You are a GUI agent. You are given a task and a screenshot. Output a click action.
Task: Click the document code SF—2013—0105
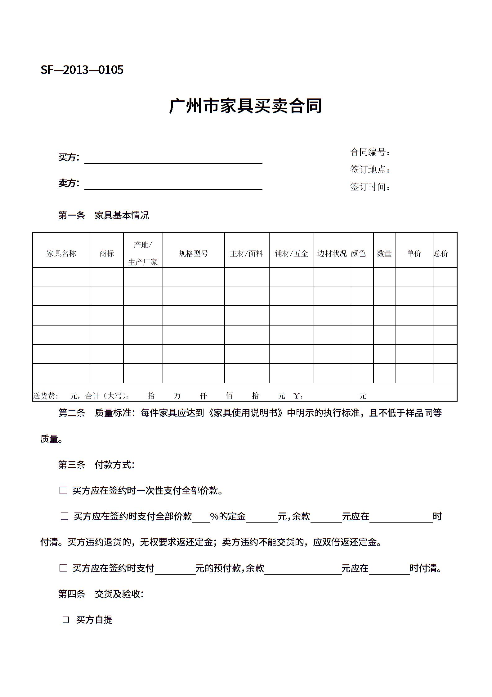[x=82, y=70]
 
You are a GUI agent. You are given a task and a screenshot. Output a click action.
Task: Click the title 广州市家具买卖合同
[x=245, y=106]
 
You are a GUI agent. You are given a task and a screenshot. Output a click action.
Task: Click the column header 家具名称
[x=61, y=253]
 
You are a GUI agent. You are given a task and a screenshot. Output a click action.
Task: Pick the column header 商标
[x=107, y=253]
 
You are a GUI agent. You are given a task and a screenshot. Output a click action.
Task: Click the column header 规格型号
[x=193, y=253]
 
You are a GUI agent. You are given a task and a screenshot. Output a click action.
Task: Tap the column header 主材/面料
[x=247, y=253]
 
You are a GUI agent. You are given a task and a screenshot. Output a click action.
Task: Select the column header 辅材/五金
[x=291, y=253]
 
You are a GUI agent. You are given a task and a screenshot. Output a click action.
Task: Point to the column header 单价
[x=414, y=253]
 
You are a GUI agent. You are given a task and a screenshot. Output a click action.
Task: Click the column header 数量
[x=384, y=253]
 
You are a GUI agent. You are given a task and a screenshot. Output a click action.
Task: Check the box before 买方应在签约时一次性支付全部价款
[x=63, y=490]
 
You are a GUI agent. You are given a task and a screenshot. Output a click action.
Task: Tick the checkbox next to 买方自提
[x=66, y=619]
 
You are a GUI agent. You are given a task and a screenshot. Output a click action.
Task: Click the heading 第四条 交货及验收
[x=101, y=594]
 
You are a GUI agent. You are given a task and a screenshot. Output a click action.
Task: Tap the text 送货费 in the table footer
[x=45, y=396]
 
